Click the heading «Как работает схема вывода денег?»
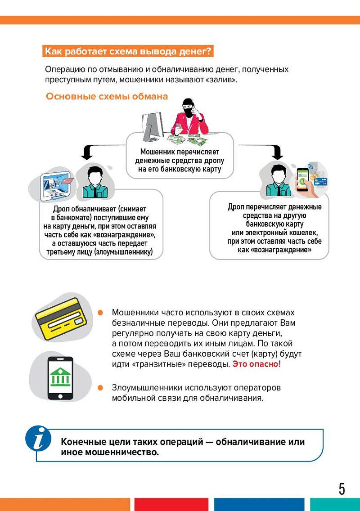pos(127,51)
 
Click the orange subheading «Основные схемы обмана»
pos(107,96)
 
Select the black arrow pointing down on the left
pos(85,153)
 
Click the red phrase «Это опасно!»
pos(256,363)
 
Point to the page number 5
pos(342,489)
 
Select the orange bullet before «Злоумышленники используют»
pos(101,387)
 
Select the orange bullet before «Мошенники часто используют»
pos(101,312)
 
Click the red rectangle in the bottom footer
pos(171,504)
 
